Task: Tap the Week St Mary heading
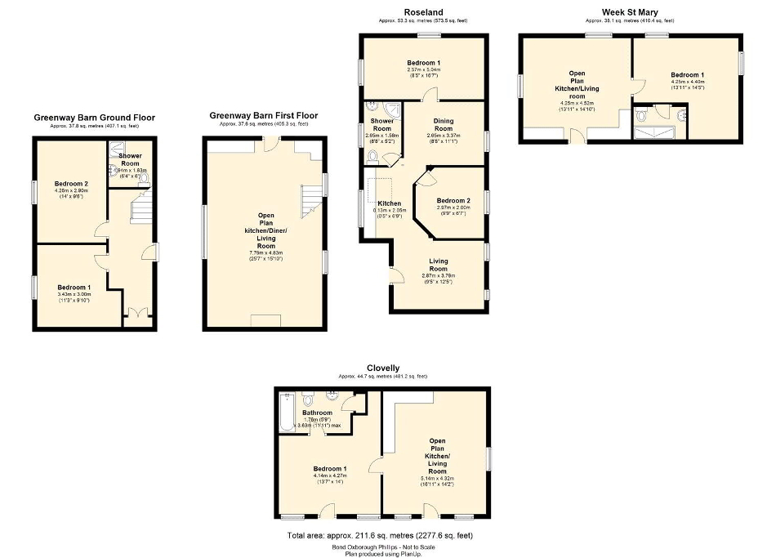pyautogui.click(x=630, y=11)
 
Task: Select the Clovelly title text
pyautogui.click(x=383, y=368)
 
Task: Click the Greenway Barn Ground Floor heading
pyautogui.click(x=94, y=118)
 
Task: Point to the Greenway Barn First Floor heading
pyautogui.click(x=263, y=116)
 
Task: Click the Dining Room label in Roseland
pyautogui.click(x=443, y=124)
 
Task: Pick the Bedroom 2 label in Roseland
pyautogui.click(x=453, y=200)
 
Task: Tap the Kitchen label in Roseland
pyautogui.click(x=389, y=203)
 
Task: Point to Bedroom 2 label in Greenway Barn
pyautogui.click(x=68, y=184)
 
